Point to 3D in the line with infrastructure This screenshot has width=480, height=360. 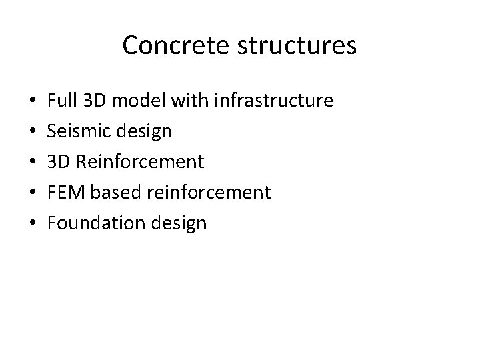pos(95,101)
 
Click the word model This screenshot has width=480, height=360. pos(139,101)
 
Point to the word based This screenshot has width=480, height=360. pos(111,193)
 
